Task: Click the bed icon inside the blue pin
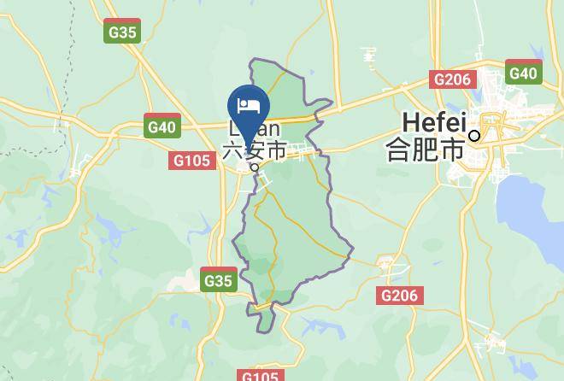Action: pyautogui.click(x=249, y=106)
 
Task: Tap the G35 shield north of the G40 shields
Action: pyautogui.click(x=122, y=32)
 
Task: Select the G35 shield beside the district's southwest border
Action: pyautogui.click(x=218, y=280)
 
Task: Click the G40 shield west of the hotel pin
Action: pyautogui.click(x=162, y=127)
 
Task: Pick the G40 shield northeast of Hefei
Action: pyautogui.click(x=523, y=73)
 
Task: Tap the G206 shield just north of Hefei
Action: pyautogui.click(x=452, y=79)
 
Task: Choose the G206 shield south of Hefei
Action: pyautogui.click(x=399, y=296)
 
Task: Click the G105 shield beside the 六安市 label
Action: pyautogui.click(x=193, y=161)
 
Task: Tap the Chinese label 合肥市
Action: pyautogui.click(x=425, y=149)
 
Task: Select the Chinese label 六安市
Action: pyautogui.click(x=255, y=151)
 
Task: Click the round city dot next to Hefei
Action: pyautogui.click(x=474, y=135)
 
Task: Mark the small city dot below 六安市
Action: pyautogui.click(x=254, y=167)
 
